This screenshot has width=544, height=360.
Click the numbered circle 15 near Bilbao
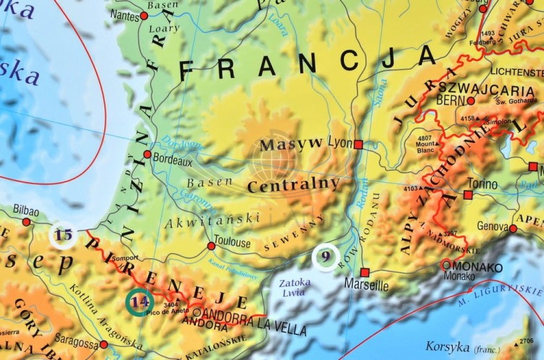coord(64,235)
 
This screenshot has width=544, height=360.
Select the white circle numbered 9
coord(326,256)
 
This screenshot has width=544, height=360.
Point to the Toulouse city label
coord(234,242)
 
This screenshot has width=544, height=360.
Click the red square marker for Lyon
coord(358,144)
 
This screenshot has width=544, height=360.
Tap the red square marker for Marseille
coord(365,273)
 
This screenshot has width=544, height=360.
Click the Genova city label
coord(493,226)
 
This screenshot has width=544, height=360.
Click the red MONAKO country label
coord(474,266)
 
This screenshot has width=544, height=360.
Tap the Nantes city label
coord(125,16)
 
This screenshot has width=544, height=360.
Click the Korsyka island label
coord(445,345)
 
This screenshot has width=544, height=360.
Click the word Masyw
coord(291,143)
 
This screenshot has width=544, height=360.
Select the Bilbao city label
coord(25,209)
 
